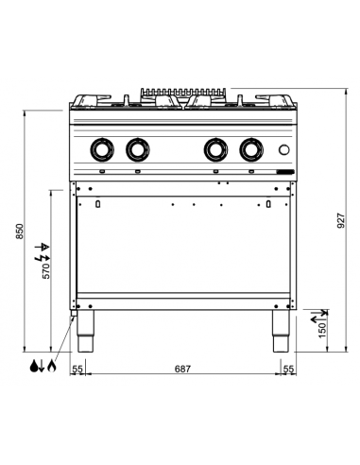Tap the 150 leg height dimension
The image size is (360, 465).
point(323,332)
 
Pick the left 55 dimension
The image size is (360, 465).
point(78,368)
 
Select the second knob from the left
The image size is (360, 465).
point(138,149)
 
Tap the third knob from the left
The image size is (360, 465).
point(216,149)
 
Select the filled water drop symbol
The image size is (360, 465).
point(33,365)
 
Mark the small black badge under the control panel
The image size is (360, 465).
point(284,171)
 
